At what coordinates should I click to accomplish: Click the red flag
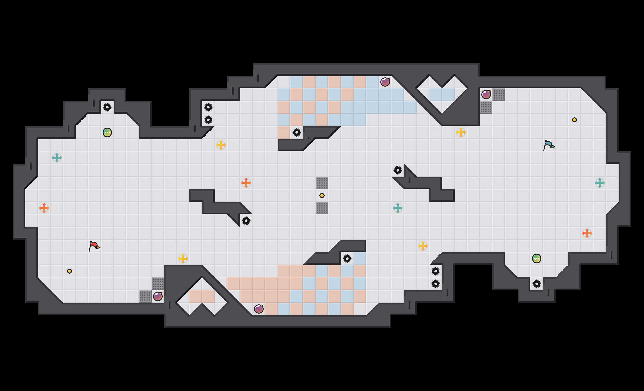[94, 246]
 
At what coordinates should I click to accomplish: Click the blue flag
[549, 145]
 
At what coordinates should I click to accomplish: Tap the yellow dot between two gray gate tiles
[322, 195]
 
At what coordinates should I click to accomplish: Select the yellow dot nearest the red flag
[69, 271]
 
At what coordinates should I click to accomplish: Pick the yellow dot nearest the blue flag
[575, 120]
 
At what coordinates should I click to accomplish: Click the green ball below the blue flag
[537, 259]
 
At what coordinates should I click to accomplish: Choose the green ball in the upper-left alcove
[107, 132]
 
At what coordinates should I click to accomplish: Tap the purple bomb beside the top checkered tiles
[385, 82]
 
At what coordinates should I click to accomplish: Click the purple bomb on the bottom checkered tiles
[259, 309]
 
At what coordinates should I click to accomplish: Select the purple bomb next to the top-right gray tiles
[486, 95]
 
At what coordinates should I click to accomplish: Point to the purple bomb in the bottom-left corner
[158, 296]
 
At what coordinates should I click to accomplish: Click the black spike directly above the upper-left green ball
[107, 107]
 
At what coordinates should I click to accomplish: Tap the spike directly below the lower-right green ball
[537, 284]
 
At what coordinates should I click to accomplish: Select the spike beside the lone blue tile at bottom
[347, 259]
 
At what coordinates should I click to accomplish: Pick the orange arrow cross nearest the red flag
[44, 208]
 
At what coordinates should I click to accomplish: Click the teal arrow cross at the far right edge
[600, 183]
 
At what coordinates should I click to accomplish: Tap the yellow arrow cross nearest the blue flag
[461, 132]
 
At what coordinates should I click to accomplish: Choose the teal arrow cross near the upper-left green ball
[57, 158]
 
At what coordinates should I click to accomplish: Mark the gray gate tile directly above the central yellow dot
[322, 183]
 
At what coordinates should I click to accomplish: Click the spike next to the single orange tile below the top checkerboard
[297, 132]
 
